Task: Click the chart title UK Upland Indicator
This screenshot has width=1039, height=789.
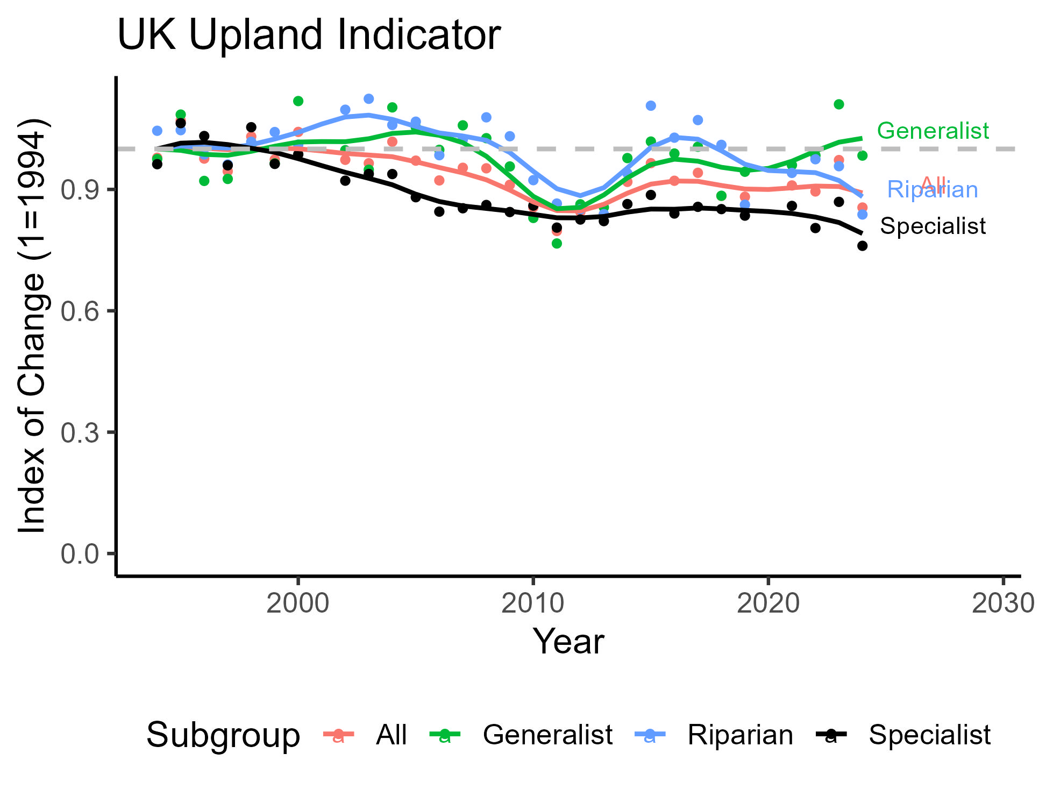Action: click(309, 35)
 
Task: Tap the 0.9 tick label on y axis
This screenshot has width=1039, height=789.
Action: click(80, 190)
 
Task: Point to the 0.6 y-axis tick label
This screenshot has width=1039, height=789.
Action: click(80, 311)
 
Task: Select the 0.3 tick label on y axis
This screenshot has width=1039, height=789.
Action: click(80, 432)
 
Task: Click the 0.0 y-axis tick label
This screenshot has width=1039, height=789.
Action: click(80, 554)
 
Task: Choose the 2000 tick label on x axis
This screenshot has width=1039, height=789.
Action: click(297, 603)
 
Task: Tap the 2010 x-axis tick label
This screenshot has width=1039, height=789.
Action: click(532, 603)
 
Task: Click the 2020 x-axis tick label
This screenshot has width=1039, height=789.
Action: click(768, 603)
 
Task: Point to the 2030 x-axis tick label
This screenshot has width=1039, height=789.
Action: click(1002, 603)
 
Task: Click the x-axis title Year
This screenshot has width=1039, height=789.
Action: click(568, 642)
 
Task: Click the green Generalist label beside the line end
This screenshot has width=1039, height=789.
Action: click(933, 131)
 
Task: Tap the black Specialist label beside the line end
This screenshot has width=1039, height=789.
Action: click(933, 226)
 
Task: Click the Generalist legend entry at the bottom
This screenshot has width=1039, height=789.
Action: click(547, 735)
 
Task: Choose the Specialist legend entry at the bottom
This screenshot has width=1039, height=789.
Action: click(929, 735)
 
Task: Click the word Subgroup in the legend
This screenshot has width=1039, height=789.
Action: click(223, 735)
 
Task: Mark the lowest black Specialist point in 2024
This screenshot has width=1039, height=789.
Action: click(862, 246)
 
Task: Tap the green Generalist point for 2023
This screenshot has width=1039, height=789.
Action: click(838, 104)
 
